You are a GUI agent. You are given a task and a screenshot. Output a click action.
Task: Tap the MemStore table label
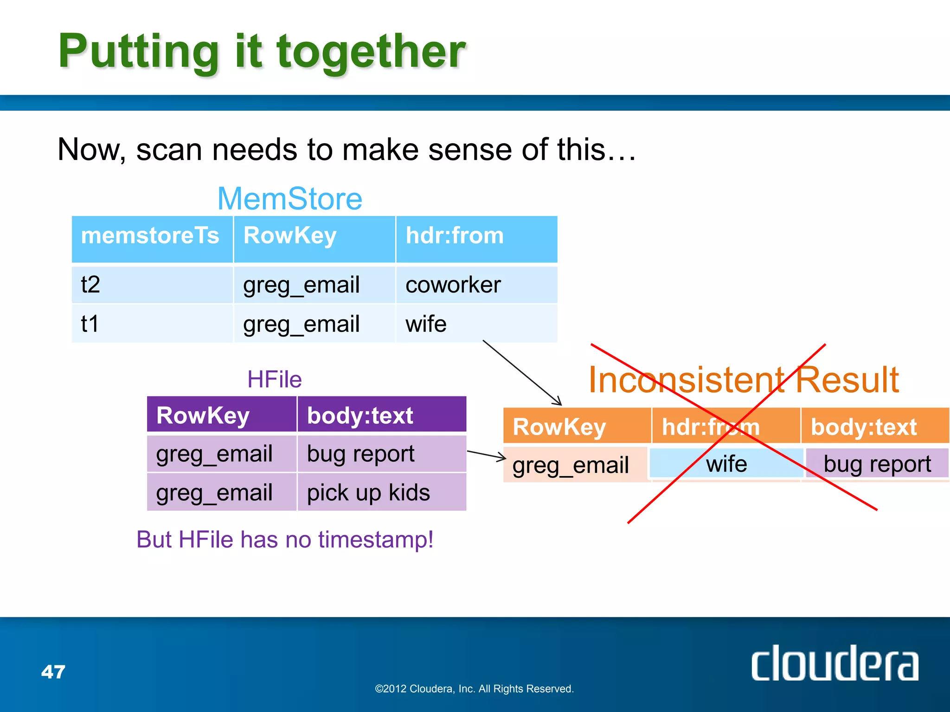pyautogui.click(x=290, y=199)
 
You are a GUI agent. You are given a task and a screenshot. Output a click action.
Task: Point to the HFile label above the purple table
pyautogui.click(x=275, y=380)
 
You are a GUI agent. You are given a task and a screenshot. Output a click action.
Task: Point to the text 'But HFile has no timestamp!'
pyautogui.click(x=285, y=540)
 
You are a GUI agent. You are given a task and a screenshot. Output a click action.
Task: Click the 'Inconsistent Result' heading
pyautogui.click(x=744, y=380)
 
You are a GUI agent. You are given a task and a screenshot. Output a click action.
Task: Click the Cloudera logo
pyautogui.click(x=834, y=664)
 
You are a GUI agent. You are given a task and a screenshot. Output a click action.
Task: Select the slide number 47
pyautogui.click(x=53, y=672)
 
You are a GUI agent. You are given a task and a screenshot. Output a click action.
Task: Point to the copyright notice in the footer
pyautogui.click(x=474, y=689)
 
